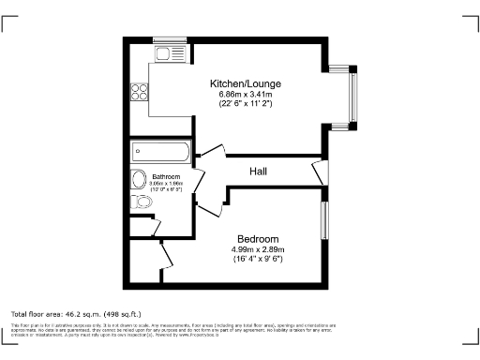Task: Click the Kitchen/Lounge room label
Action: point(245,83)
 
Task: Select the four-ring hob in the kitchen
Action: point(139,92)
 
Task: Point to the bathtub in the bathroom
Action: point(161,151)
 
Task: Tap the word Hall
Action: point(260,172)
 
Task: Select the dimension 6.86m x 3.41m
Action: point(245,94)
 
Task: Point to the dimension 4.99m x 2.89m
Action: point(257,248)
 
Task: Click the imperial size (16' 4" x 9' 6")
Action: point(257,258)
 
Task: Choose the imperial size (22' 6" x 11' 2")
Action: point(245,103)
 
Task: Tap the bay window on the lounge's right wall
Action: point(352,96)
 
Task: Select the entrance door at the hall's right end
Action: point(320,172)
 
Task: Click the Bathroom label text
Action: point(165,176)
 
